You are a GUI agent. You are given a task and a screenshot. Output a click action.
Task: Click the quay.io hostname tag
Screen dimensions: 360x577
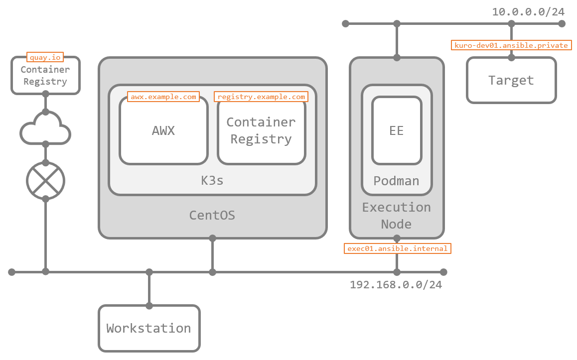[x=45, y=57]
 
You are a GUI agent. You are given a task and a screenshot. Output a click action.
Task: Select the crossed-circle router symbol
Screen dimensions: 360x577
[x=45, y=181]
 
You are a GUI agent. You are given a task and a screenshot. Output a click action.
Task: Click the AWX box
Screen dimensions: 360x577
[x=163, y=130]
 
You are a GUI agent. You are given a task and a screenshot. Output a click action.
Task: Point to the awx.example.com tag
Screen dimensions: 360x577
[x=163, y=97]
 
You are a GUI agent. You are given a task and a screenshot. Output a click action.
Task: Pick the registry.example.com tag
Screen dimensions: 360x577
[x=261, y=97]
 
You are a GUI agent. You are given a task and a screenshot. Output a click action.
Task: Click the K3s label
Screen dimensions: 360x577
[x=212, y=180]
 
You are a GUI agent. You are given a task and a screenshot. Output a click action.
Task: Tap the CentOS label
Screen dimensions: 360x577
[x=212, y=216]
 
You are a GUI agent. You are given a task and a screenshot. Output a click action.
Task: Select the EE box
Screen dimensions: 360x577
[x=397, y=130]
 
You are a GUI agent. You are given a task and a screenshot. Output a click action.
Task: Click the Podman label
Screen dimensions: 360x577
[x=397, y=181]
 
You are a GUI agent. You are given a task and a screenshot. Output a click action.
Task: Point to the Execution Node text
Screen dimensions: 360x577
[x=397, y=216]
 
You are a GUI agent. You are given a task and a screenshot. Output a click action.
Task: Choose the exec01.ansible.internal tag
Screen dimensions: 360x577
[x=398, y=248]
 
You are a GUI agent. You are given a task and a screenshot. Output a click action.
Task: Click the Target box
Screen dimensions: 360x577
[x=511, y=80]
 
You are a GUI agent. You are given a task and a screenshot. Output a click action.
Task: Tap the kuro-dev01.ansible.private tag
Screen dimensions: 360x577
[x=511, y=45]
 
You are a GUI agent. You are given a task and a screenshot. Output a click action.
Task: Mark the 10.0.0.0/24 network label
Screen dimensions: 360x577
[x=529, y=11]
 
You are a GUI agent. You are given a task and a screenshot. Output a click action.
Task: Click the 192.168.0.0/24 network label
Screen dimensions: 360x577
[x=396, y=285]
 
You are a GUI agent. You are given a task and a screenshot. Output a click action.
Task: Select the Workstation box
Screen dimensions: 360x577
[x=149, y=329]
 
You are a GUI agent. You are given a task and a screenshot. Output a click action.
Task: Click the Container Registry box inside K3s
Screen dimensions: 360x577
[x=261, y=130]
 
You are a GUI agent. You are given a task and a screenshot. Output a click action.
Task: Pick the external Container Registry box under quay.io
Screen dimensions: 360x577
[x=45, y=76]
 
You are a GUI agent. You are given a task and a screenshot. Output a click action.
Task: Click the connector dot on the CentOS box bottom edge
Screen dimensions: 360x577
[x=213, y=238]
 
